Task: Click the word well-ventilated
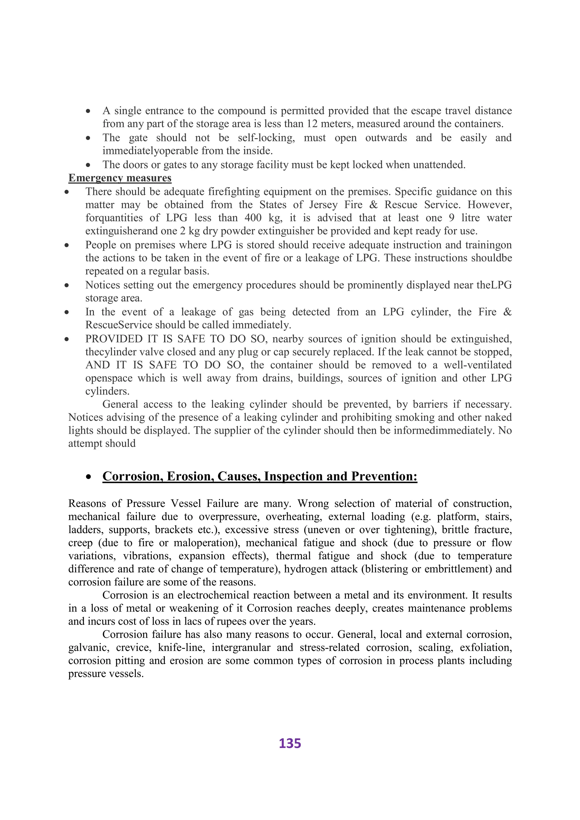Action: pos(477,365)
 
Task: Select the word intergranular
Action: pos(239,648)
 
